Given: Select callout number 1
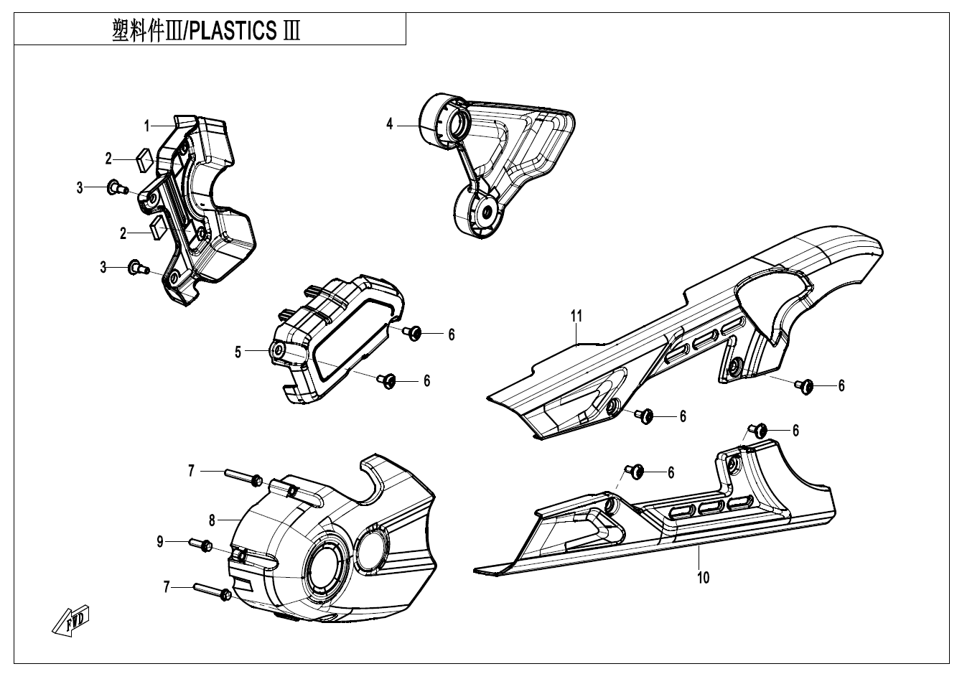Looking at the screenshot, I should coord(146,126).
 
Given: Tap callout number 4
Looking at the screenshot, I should coord(390,124).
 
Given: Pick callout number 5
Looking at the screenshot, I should coord(238,352).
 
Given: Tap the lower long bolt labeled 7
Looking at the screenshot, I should coord(213,591).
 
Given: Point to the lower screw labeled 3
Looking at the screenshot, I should coord(137,268).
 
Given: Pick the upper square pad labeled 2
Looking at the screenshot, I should coord(144,159).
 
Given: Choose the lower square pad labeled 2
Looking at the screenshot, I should coord(158,226).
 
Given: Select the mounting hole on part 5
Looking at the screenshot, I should coord(276,350).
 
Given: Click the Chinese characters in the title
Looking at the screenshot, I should coord(144,32).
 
